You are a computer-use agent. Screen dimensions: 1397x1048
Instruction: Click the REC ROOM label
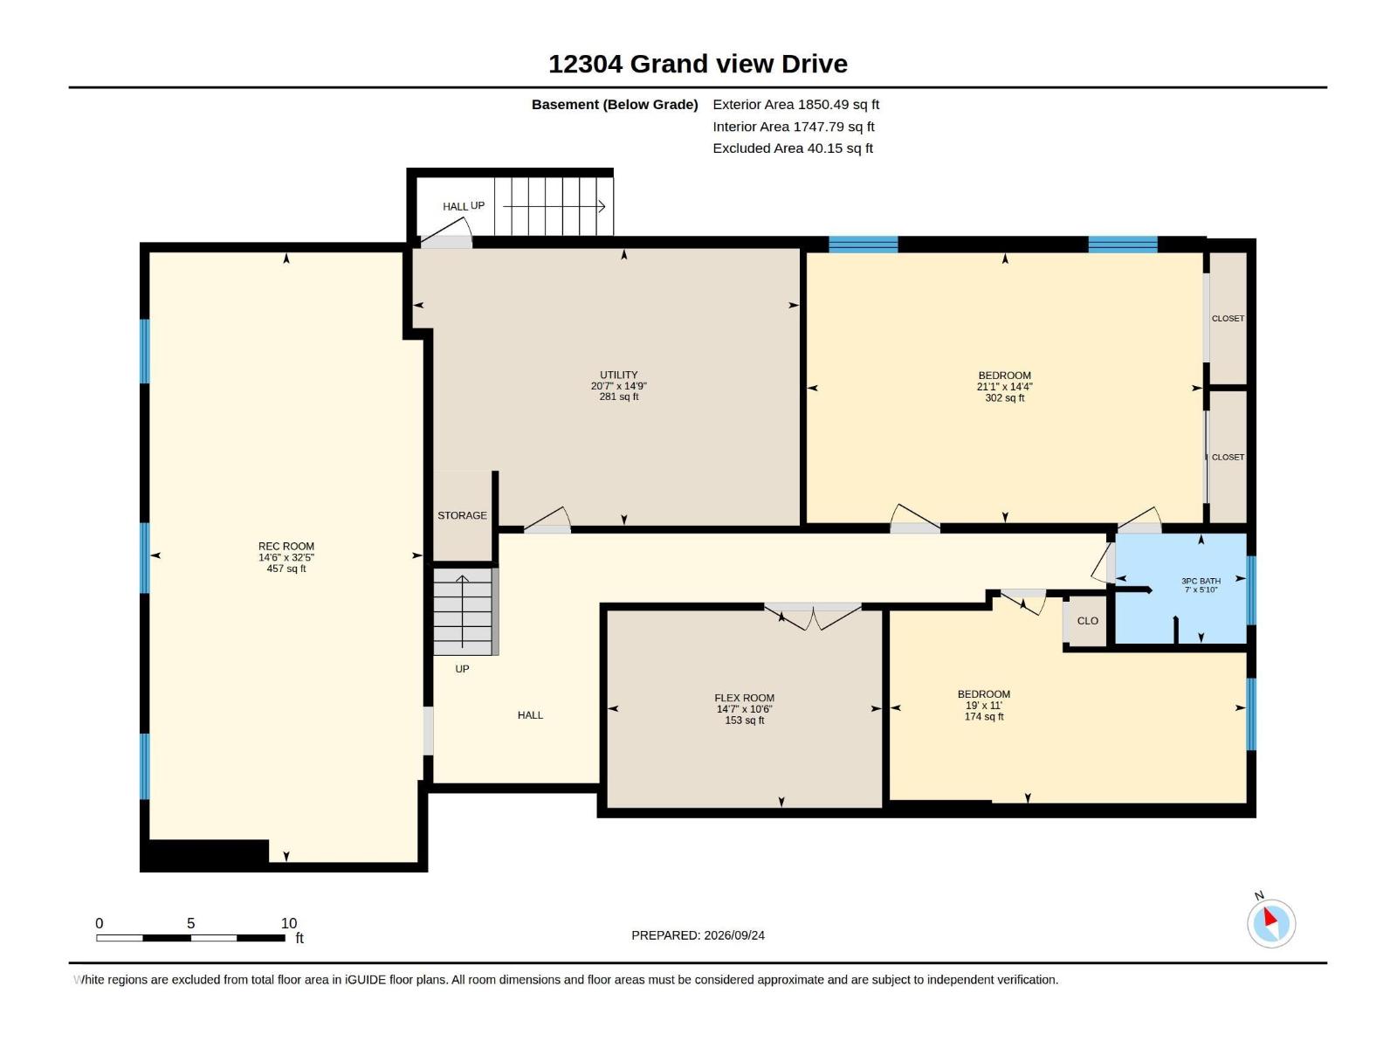coord(286,546)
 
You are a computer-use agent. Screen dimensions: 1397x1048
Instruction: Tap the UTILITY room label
coord(618,375)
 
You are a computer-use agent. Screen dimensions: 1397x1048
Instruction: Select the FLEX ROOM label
coord(744,698)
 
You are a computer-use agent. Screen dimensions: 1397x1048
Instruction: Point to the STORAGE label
coord(462,515)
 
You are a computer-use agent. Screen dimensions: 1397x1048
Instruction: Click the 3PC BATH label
coord(1201,581)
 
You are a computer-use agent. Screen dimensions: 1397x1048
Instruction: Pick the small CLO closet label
coord(1087,620)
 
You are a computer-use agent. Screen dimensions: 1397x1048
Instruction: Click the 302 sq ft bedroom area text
coord(1004,397)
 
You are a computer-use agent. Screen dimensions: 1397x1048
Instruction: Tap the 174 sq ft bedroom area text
coord(983,716)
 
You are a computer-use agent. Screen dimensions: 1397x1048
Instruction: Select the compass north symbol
coord(1270,923)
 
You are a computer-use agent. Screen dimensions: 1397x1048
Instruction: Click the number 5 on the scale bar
coord(190,922)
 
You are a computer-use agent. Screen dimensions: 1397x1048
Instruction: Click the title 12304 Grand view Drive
coord(698,64)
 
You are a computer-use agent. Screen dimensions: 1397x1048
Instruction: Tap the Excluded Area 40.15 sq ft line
coord(793,148)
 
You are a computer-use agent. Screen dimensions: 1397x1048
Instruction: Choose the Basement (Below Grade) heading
coord(615,104)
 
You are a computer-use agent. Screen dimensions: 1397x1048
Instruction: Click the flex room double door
coord(813,616)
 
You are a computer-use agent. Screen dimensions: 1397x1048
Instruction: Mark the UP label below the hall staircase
coord(462,669)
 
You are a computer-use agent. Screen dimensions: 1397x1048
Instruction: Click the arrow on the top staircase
coord(554,206)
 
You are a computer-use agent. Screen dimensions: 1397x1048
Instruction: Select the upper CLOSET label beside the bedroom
coord(1227,318)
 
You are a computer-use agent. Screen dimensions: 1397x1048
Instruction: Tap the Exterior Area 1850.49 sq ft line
coord(795,104)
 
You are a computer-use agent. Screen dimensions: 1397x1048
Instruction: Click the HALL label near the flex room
coord(529,715)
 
